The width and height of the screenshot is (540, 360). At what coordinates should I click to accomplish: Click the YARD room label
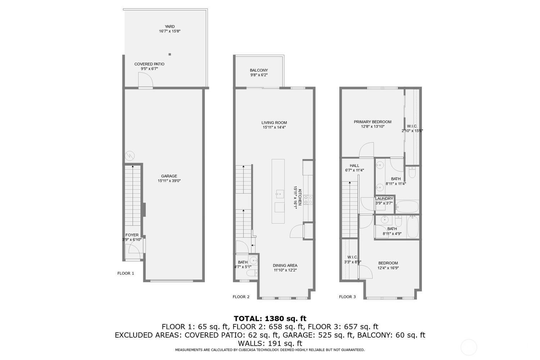click(170, 27)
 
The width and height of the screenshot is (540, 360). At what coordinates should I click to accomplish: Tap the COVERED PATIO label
click(149, 64)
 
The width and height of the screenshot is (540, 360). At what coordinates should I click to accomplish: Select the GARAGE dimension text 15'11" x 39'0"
click(169, 181)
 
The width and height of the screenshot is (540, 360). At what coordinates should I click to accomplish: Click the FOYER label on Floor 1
click(132, 235)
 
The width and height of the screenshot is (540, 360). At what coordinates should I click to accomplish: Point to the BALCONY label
click(259, 70)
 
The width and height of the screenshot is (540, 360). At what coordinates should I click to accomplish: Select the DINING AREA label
click(285, 266)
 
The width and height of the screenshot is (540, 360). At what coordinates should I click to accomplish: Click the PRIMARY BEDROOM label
click(372, 122)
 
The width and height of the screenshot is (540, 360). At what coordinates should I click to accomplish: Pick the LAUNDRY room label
click(384, 198)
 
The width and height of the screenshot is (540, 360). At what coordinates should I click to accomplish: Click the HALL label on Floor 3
click(354, 166)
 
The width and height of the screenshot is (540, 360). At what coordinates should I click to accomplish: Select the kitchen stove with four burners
click(308, 200)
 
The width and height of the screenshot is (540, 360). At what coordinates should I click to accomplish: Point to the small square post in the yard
click(170, 54)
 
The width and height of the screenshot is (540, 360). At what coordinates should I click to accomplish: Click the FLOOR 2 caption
click(241, 297)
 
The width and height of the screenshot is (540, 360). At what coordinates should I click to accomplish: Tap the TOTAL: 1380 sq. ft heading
click(270, 318)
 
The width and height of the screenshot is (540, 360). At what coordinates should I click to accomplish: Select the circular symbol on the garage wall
click(129, 156)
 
